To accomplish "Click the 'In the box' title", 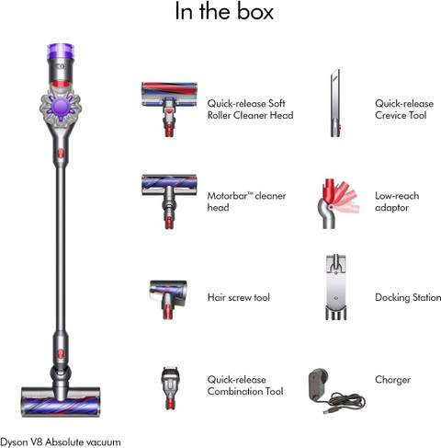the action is point(224,11).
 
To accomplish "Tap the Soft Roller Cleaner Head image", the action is point(169,109).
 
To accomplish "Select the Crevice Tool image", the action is point(335,103).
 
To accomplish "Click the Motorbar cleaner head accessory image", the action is point(169,201).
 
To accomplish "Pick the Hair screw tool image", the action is point(168,299).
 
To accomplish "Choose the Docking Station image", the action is point(336,287).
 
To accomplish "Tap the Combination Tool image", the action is point(170,388).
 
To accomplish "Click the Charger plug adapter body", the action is point(318,384).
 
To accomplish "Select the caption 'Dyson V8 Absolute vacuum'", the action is point(61,442).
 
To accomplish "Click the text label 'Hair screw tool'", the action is point(239,297).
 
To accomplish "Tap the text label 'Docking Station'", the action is point(408,297).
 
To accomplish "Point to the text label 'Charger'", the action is point(392,380).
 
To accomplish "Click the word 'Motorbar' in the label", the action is point(227,196).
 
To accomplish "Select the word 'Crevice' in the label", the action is point(390,115).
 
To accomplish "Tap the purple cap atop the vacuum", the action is point(61,52).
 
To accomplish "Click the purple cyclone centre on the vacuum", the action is point(62,106).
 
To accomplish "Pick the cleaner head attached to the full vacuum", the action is point(61,402).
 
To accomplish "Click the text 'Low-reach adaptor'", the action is point(397,201).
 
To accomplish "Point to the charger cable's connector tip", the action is point(326,410).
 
